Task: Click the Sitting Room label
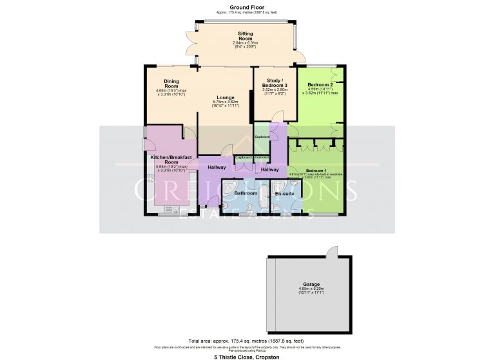[244, 37]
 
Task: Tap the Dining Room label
[171, 84]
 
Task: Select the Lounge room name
[225, 97]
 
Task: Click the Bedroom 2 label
[320, 85]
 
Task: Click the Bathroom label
[246, 193]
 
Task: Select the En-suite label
[284, 193]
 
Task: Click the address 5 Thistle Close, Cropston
[247, 355]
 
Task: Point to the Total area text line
[247, 341]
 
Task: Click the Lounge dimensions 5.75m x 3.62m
[225, 104]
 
